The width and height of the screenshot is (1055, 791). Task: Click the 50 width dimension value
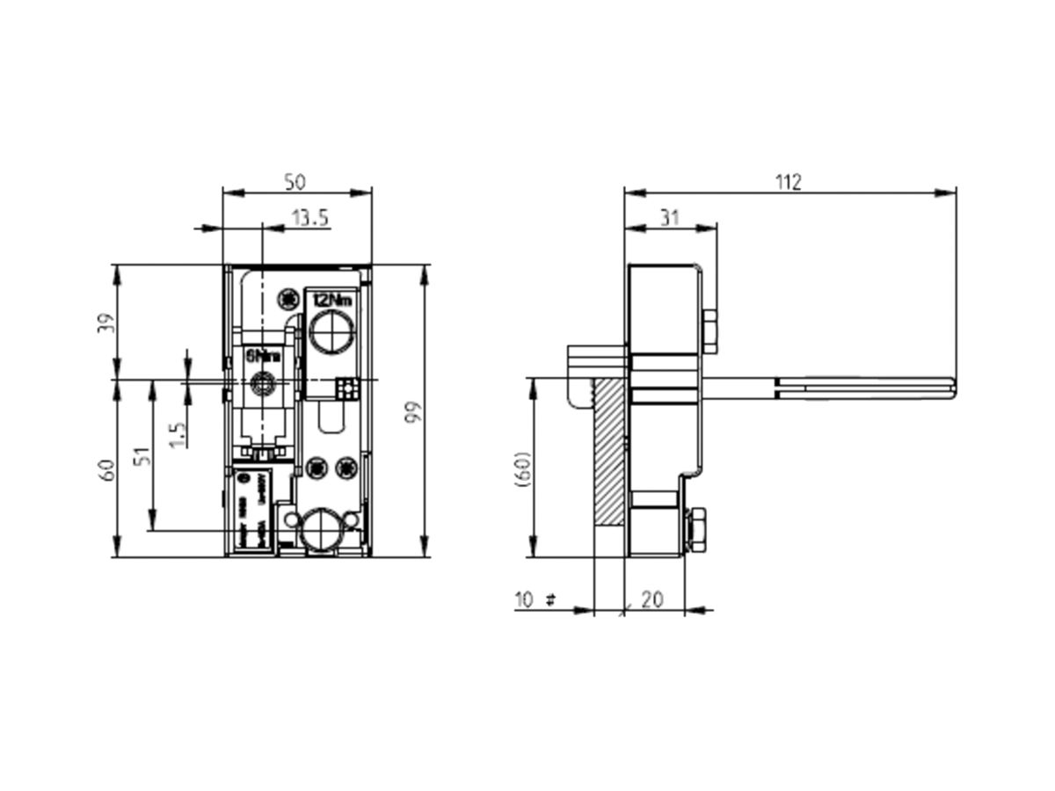pyautogui.click(x=295, y=182)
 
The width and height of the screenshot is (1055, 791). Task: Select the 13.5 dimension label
pyautogui.click(x=310, y=217)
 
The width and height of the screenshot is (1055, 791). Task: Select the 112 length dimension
pyautogui.click(x=788, y=182)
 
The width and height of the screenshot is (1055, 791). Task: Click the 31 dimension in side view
pyautogui.click(x=670, y=217)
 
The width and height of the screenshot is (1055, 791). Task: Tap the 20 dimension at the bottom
pyautogui.click(x=651, y=599)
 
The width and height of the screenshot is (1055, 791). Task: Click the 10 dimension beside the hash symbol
pyautogui.click(x=524, y=599)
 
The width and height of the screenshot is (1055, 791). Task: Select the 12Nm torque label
pyautogui.click(x=331, y=301)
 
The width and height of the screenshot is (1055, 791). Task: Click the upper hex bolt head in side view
pyautogui.click(x=709, y=332)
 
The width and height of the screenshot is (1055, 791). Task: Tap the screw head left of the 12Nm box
pyautogui.click(x=287, y=301)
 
